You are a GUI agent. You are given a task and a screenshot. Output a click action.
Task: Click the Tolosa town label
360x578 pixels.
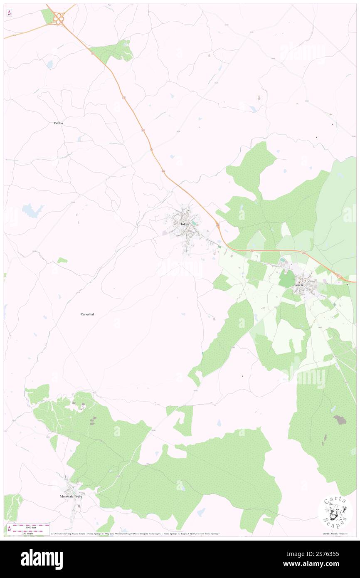point(185,224)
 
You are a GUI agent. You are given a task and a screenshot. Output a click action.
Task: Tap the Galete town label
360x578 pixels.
point(299,285)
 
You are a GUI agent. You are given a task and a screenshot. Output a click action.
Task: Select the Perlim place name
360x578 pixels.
point(58,123)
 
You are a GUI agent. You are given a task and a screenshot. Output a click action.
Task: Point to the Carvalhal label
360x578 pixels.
point(87,314)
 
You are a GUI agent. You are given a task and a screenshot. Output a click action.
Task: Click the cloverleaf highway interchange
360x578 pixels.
point(59,17)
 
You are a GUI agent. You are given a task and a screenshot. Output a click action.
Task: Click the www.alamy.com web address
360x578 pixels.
point(320,564)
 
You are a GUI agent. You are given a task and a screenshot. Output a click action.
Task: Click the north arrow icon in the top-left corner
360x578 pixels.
point(9,13)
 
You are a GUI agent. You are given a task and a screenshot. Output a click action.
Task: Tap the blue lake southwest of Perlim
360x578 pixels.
point(32,210)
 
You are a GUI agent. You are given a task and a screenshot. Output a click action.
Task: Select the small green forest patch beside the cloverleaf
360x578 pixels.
point(48,16)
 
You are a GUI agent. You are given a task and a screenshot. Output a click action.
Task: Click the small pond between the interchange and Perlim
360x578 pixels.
point(50,64)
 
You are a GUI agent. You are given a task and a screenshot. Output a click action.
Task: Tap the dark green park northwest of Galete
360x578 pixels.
point(286,278)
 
